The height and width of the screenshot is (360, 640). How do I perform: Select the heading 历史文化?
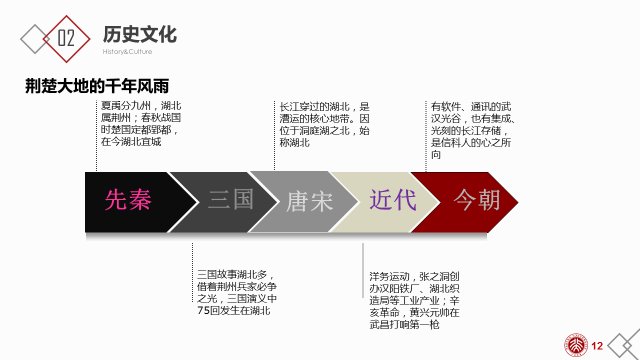139,34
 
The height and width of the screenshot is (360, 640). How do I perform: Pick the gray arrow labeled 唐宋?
306,199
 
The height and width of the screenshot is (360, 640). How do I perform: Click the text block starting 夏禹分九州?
141,123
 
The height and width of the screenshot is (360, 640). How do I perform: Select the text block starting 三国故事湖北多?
235,291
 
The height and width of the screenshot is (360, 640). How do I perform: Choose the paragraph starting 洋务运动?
413,298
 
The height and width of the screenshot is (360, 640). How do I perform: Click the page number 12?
598,345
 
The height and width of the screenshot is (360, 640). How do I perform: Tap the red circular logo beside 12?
578,344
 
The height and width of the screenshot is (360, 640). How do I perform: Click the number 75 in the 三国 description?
204,310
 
